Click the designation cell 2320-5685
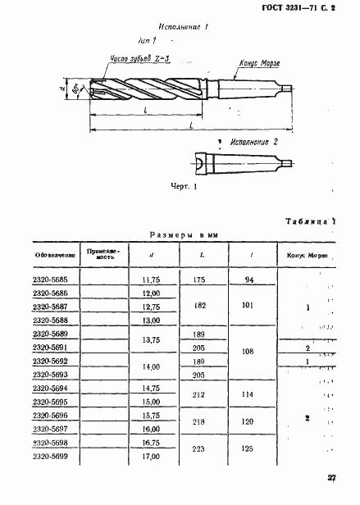coord(51,279)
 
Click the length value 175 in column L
coord(198,280)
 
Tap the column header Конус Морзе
coord(308,254)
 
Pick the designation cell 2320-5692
coord(51,360)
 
